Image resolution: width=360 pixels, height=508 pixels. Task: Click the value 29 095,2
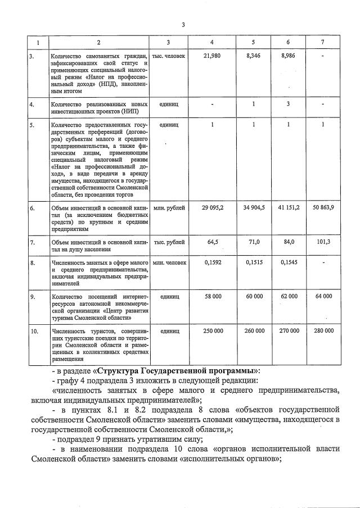pyautogui.click(x=212, y=208)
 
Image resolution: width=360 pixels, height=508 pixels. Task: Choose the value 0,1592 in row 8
pyautogui.click(x=212, y=262)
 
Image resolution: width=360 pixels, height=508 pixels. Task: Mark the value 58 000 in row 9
pyautogui.click(x=212, y=296)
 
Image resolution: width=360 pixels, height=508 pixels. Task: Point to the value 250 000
pyautogui.click(x=212, y=332)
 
